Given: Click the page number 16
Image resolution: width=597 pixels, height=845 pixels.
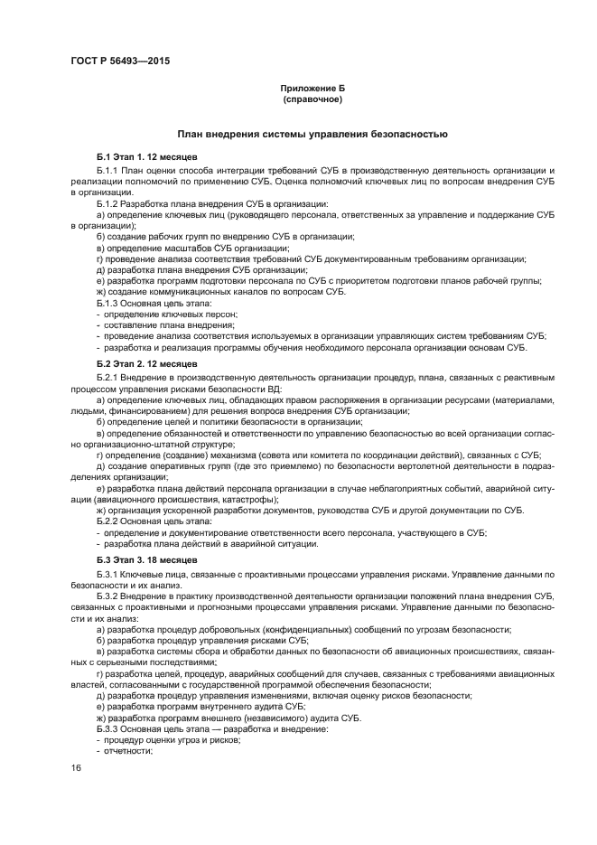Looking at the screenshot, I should tap(77, 767).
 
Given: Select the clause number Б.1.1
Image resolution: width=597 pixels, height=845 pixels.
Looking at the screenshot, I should tap(107, 170).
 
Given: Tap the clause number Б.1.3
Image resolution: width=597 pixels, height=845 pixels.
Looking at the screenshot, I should tap(107, 303).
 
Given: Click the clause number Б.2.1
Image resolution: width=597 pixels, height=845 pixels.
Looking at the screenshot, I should tap(107, 375).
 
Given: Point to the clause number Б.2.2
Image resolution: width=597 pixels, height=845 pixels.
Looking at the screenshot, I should tap(107, 521).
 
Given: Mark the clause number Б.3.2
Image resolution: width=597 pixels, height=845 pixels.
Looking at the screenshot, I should tap(107, 596).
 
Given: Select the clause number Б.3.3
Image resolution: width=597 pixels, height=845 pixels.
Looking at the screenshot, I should tap(107, 728).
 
